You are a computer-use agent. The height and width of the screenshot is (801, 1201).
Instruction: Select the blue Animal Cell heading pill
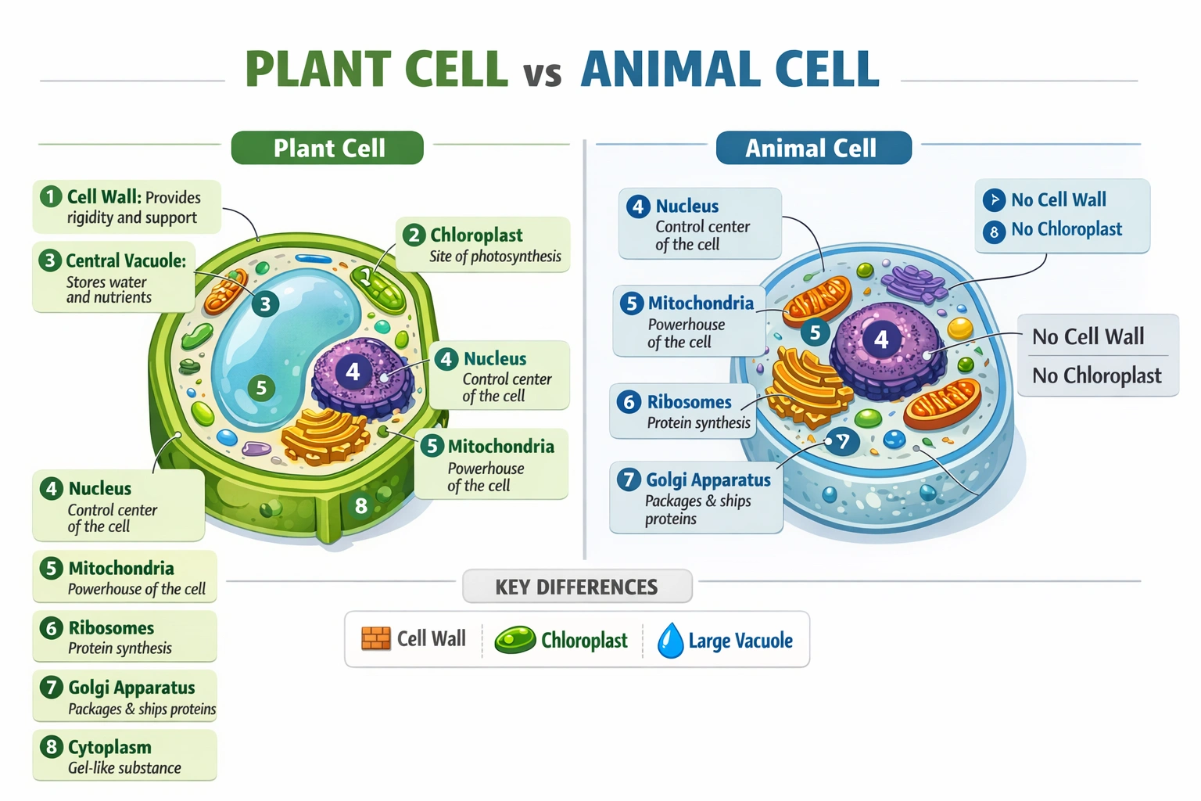pos(813,148)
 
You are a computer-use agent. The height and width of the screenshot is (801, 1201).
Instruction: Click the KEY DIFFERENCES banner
pos(577,587)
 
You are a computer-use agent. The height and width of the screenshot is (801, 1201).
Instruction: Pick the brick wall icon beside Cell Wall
pos(375,638)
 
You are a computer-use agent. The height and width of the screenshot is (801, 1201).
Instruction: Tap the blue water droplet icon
pos(670,640)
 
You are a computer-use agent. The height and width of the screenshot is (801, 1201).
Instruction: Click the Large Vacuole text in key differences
pos(740,641)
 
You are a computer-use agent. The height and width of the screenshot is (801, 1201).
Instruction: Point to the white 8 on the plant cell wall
pos(360,506)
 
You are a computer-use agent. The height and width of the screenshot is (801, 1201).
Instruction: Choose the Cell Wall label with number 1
pos(127,207)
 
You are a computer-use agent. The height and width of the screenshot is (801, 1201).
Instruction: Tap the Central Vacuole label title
pos(126,260)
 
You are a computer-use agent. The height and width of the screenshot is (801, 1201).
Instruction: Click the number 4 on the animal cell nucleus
pos(881,339)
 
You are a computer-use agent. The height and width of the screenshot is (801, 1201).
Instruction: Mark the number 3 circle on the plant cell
pos(265,304)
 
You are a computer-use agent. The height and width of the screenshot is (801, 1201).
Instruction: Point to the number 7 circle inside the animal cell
pos(843,442)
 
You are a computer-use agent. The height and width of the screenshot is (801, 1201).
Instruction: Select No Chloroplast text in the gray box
pos(1096,375)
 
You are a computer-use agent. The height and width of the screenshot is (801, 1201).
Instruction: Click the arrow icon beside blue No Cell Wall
pos(994,200)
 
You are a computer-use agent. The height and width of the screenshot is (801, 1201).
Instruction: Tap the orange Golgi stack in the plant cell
pos(324,434)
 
